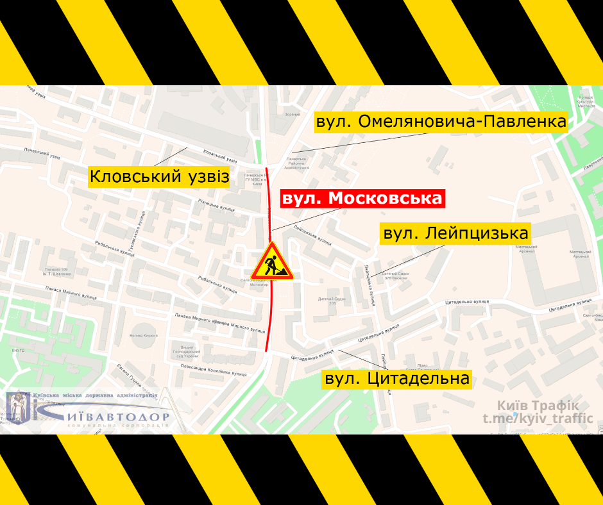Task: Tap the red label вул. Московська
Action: click(x=362, y=198)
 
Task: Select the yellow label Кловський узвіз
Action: click(x=159, y=176)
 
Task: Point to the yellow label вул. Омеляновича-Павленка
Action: click(x=441, y=122)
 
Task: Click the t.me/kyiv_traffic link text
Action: click(x=538, y=418)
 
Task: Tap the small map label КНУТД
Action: click(x=18, y=351)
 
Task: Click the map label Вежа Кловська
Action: click(x=144, y=335)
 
